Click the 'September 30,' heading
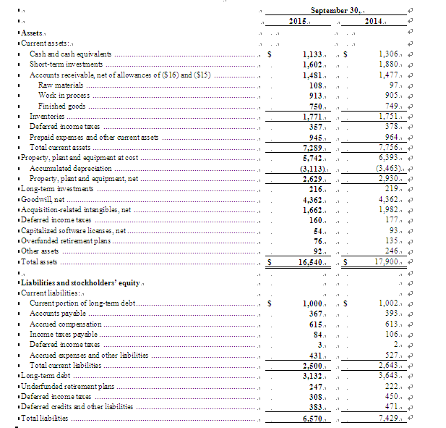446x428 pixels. (x=338, y=10)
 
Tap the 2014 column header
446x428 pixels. (x=373, y=22)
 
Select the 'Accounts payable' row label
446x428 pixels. (x=55, y=313)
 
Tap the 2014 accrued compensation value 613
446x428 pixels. (x=394, y=324)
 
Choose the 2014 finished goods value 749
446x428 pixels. (x=394, y=106)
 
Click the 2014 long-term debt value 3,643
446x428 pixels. (x=391, y=377)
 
